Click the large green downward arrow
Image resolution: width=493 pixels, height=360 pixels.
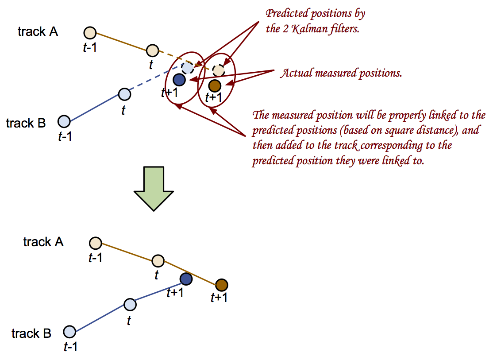tap(154, 188)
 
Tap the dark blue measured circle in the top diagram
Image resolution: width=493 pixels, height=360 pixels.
tap(179, 80)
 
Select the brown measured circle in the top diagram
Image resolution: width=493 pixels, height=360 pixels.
tap(215, 85)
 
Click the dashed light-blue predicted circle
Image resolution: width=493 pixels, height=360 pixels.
tap(188, 68)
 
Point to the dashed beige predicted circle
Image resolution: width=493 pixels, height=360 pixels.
tap(219, 70)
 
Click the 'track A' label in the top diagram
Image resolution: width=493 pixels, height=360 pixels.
tap(38, 31)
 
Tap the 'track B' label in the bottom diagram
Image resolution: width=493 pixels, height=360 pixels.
tap(31, 333)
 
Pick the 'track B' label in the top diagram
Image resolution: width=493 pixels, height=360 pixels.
tap(26, 123)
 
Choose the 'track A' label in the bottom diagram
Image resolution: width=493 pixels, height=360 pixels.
tap(43, 242)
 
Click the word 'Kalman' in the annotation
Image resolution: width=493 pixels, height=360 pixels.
tap(305, 29)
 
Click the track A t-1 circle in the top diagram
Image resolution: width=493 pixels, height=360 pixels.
tap(90, 33)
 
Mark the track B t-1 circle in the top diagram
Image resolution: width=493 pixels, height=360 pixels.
tap(64, 121)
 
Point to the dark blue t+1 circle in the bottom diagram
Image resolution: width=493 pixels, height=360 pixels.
tap(186, 279)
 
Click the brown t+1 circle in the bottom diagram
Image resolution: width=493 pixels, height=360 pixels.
tap(222, 285)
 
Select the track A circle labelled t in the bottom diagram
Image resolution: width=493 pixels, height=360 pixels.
tap(158, 261)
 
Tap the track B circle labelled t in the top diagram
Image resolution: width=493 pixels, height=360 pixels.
tap(124, 94)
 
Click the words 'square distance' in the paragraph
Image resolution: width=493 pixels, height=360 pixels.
tap(420, 130)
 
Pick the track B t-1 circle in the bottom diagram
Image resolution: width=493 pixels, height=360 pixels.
tap(69, 332)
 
